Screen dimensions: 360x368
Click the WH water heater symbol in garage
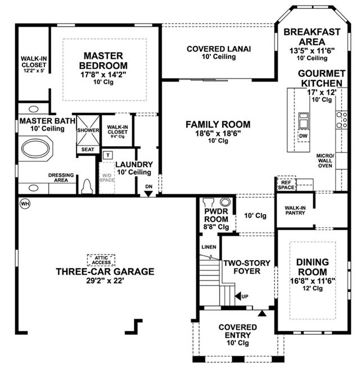coord(25,204)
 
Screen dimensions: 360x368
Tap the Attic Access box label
coord(101,260)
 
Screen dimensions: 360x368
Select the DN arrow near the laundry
coord(148,194)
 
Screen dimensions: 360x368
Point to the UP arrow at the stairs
coord(238,296)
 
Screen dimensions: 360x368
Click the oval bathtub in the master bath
coord(35,148)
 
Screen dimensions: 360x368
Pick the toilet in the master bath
coord(86,187)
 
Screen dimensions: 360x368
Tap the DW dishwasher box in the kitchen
coord(303,135)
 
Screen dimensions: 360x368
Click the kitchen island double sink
coord(303,121)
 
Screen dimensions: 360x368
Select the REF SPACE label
coord(286,185)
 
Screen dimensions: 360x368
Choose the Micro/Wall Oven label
coord(325,161)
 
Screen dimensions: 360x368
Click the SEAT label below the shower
coord(88,149)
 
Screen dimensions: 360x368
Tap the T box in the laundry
coord(108,155)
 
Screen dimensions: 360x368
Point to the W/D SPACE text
coord(107,178)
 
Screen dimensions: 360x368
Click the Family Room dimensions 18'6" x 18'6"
coord(218,134)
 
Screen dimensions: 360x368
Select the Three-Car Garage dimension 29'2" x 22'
coord(105,280)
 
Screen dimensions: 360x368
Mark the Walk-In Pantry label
coord(295,210)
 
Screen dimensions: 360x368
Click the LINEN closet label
coord(209,247)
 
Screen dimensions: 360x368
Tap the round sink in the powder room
coord(226,202)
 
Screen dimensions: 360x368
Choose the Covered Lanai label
coord(219,49)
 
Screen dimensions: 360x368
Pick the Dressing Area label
coord(61,178)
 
